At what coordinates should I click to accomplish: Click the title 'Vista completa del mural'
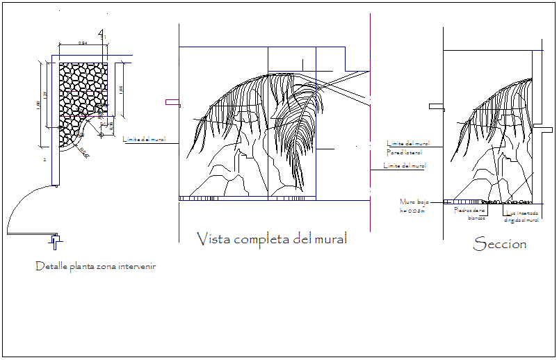coord(272,240)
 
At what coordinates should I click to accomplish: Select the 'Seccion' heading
coord(499,244)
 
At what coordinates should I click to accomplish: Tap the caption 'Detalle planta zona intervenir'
coord(95,266)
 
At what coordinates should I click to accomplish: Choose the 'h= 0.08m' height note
coord(412,210)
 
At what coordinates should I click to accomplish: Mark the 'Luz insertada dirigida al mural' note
coord(522,217)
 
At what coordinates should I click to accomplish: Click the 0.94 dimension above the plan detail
coord(82,44)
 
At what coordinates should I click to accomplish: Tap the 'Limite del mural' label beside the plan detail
coord(144,140)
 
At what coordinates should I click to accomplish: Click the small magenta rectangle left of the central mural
coord(172,102)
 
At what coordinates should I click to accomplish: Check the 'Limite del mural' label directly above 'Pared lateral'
coord(408,143)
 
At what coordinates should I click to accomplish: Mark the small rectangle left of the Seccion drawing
coord(436,107)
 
